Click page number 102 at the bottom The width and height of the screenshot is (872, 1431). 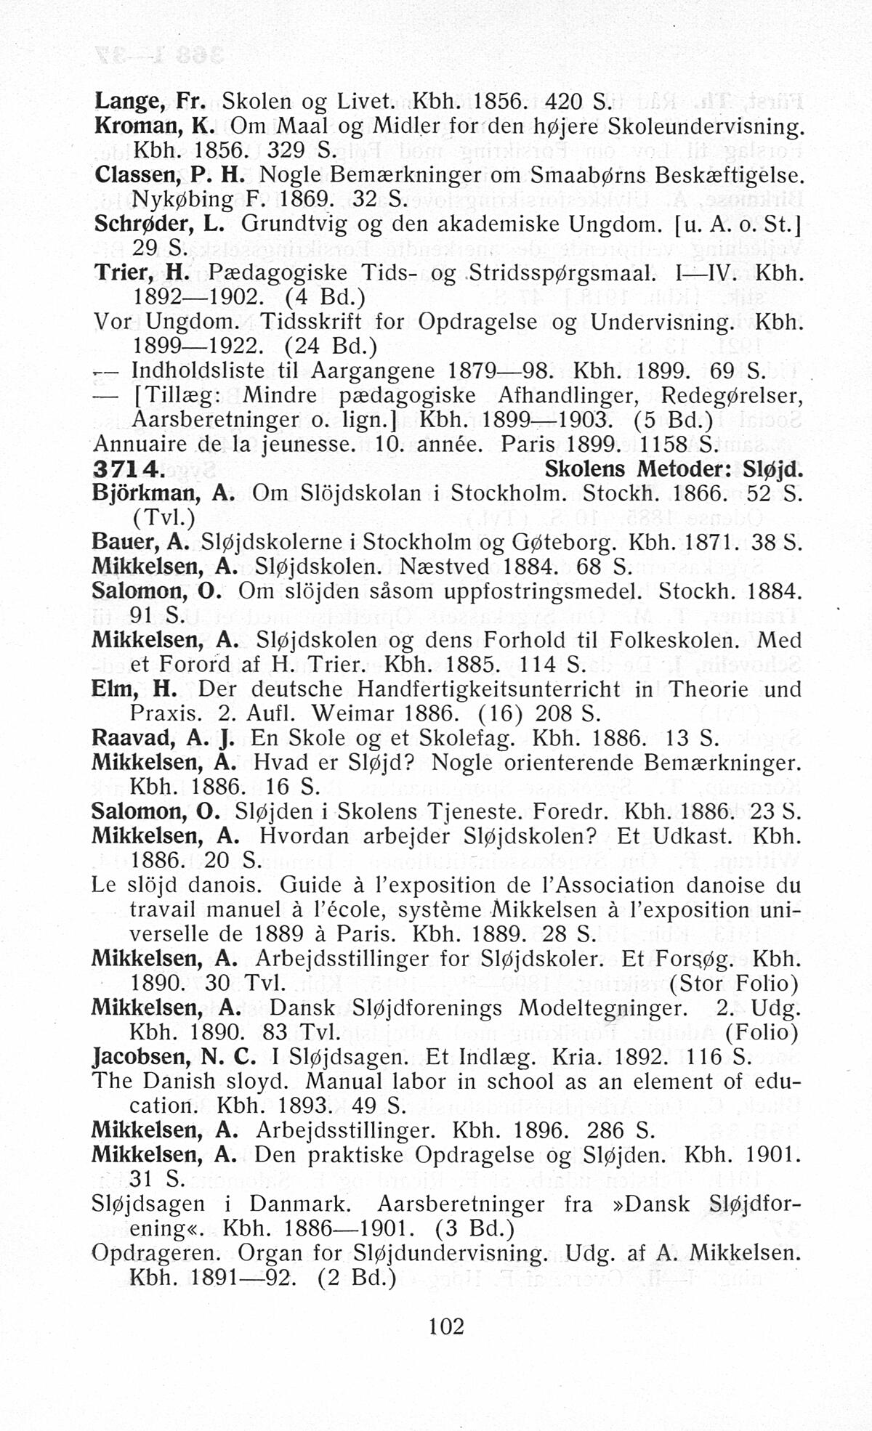pyautogui.click(x=446, y=1326)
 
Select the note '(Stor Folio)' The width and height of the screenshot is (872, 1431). pyautogui.click(x=734, y=983)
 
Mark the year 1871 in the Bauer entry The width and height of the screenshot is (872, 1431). pyautogui.click(x=716, y=542)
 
